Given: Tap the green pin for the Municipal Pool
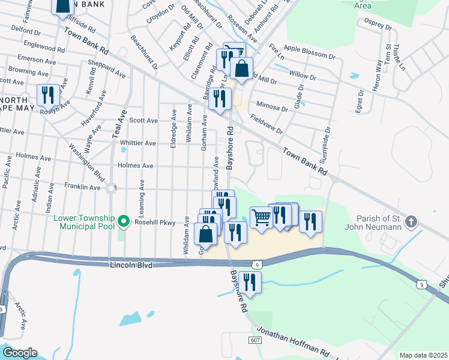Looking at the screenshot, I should click(124, 222).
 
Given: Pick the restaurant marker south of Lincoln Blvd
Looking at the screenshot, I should click(250, 281).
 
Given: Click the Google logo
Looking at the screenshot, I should click(19, 353).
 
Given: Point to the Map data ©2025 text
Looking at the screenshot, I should click(423, 355).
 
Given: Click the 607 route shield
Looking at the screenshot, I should click(255, 340).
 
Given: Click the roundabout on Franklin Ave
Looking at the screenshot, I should click(110, 188).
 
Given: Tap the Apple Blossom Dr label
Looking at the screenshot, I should click(309, 55).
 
